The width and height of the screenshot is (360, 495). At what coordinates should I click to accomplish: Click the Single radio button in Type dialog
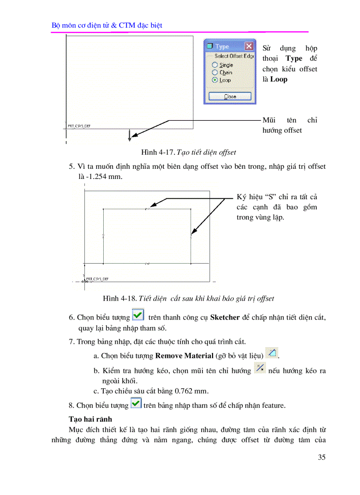point(215,65)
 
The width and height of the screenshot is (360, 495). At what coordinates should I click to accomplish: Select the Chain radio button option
point(215,72)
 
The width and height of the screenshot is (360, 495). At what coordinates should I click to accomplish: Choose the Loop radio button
point(215,80)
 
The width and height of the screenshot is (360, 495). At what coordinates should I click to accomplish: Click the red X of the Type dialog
point(249,46)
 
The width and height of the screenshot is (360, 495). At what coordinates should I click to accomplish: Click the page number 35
point(322,457)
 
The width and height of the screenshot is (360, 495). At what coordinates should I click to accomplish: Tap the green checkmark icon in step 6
point(138,315)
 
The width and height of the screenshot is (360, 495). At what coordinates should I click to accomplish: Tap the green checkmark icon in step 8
point(136,403)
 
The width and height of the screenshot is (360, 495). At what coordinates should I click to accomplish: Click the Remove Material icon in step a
point(272,353)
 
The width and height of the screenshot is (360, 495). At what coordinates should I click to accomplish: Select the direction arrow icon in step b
point(260,368)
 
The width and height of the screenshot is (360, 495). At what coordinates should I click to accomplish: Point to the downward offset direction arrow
point(129,136)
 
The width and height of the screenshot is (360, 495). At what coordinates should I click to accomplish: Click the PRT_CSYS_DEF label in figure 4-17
point(79,126)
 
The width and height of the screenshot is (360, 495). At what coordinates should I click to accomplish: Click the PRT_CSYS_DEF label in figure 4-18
point(97,279)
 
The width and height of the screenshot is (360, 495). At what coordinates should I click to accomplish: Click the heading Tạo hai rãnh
point(90,419)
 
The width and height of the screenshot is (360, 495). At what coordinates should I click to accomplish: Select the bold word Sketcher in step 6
point(225,317)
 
